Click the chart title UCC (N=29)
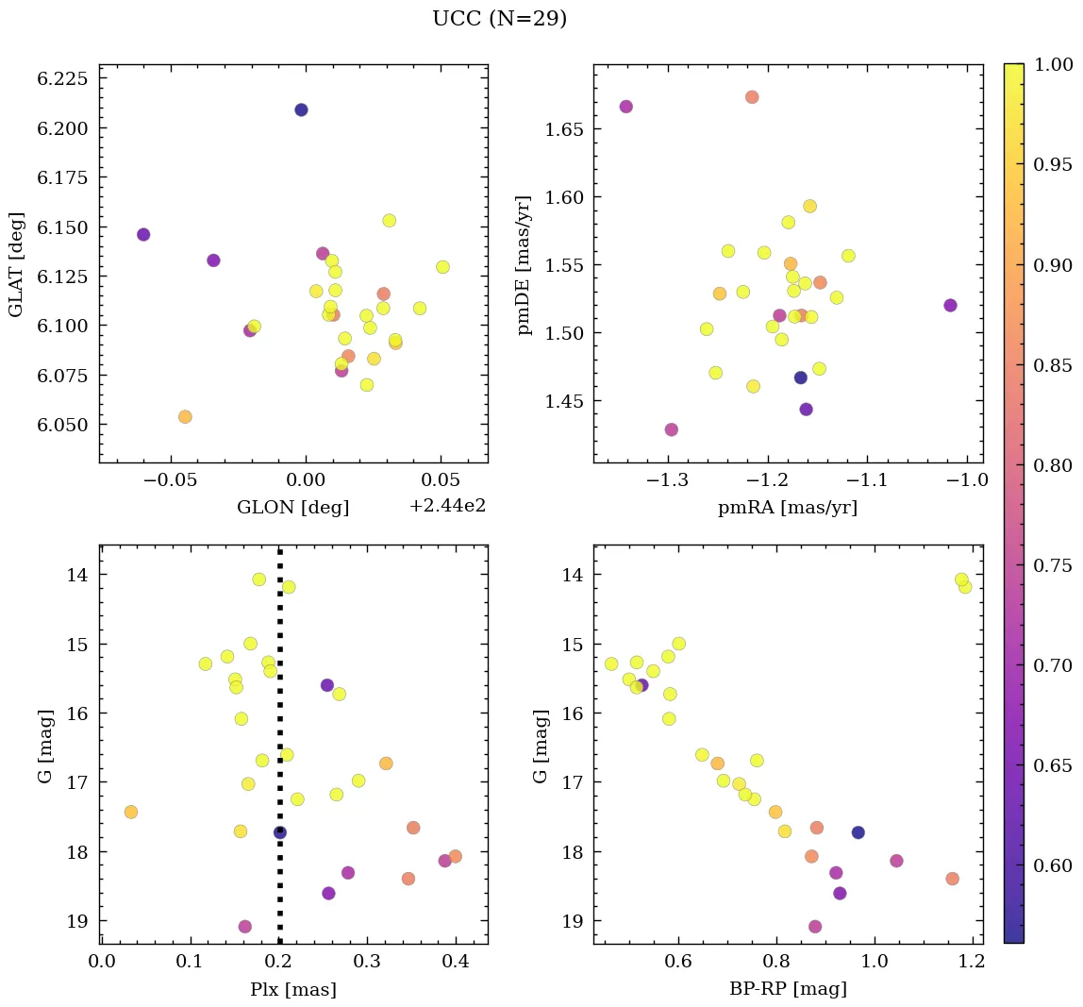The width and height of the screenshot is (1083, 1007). (x=499, y=19)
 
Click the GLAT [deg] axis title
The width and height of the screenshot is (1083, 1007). (x=17, y=263)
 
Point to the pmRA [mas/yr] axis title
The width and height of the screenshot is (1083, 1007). (x=788, y=508)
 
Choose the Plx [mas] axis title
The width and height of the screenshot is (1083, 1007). (x=293, y=989)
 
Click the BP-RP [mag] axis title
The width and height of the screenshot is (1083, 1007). (x=788, y=989)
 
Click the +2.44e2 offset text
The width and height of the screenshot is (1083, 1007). (x=447, y=506)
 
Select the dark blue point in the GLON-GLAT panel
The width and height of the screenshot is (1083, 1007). (x=301, y=109)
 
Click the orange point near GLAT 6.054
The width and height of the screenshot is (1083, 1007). (x=185, y=417)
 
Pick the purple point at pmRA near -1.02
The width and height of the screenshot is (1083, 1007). (x=950, y=305)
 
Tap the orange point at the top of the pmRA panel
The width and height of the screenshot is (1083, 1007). (x=752, y=97)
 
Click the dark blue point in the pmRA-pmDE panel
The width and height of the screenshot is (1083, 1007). (x=801, y=378)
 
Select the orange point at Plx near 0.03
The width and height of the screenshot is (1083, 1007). (x=131, y=812)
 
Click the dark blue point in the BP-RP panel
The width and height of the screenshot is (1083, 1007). (x=858, y=832)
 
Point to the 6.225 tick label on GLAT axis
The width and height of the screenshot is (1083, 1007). (x=62, y=78)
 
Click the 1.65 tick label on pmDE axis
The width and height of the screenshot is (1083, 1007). (x=564, y=128)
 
